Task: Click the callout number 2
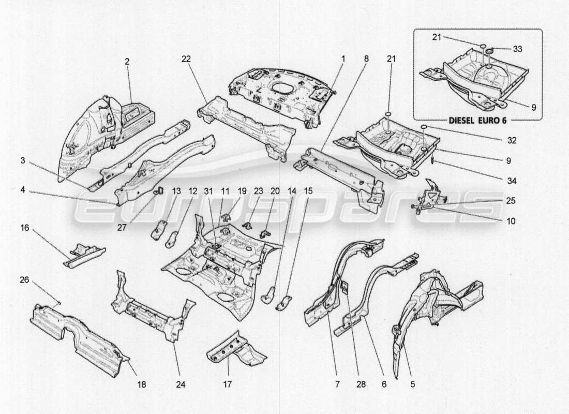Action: click(127, 61)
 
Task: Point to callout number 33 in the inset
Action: click(517, 49)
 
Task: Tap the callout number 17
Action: click(228, 384)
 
